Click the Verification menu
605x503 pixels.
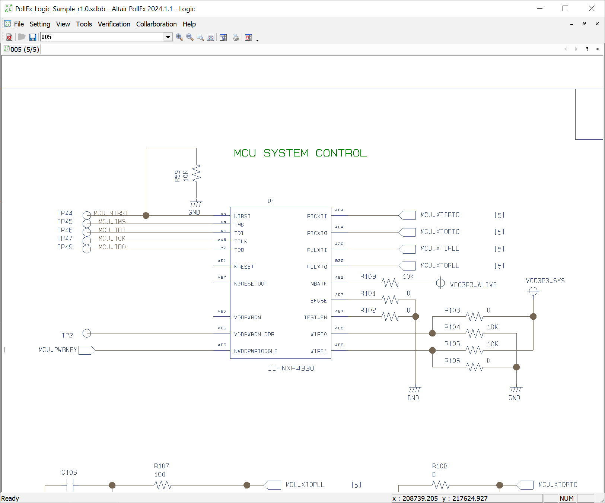[114, 24]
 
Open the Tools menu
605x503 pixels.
[84, 24]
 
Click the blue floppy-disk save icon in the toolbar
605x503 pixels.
[33, 37]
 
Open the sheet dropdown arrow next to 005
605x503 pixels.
[168, 37]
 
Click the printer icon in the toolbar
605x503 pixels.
[236, 37]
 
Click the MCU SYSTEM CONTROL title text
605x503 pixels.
[300, 153]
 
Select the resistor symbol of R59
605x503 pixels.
[196, 173]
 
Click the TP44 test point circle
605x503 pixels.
[87, 215]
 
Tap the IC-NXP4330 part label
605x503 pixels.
[291, 368]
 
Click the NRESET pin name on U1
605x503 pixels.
[244, 267]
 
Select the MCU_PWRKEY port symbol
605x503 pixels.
[87, 350]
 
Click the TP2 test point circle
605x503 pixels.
[87, 333]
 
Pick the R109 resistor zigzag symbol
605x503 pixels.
[390, 283]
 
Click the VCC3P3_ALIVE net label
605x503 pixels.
[473, 285]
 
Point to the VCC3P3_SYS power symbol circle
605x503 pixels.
[533, 291]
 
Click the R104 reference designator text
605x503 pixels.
[452, 327]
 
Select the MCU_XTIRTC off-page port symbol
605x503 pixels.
[407, 215]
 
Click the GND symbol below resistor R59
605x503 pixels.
[195, 205]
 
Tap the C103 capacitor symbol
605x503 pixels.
[70, 485]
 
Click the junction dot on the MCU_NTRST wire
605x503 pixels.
[146, 215]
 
